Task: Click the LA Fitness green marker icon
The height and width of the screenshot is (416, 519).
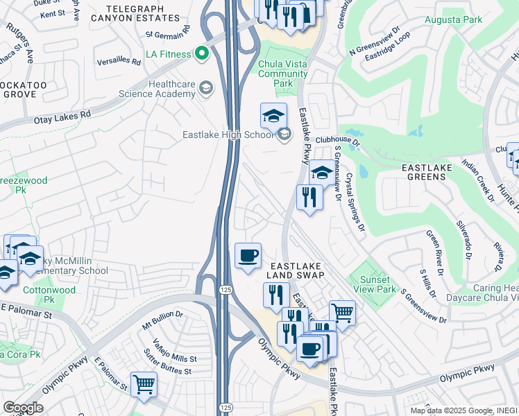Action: pos(203,53)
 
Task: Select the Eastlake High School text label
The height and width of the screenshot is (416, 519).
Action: pos(229,135)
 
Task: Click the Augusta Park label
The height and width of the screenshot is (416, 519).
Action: pos(453,20)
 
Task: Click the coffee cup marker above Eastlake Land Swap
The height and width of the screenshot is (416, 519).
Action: pos(248,256)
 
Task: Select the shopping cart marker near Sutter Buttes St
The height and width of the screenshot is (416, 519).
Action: pos(144,384)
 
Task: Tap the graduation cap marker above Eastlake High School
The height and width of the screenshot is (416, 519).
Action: pos(274,115)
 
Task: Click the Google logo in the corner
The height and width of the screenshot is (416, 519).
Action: pos(23,407)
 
